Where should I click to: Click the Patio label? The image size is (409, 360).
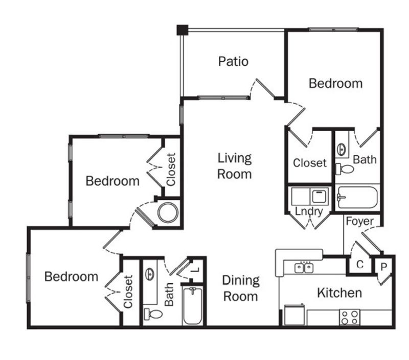click(233, 61)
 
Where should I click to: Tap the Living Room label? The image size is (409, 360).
click(235, 166)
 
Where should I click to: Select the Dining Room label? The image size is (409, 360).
click(241, 288)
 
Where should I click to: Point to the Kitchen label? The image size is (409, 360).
click(339, 293)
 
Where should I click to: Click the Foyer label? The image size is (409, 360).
click(360, 222)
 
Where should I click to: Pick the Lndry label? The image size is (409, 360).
click(309, 211)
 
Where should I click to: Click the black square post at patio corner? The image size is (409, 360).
click(183, 30)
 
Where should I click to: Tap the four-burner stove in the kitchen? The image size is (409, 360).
click(350, 317)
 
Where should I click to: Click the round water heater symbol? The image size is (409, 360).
click(168, 212)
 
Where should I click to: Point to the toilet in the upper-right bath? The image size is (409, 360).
click(346, 169)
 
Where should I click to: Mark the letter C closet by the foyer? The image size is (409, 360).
click(360, 265)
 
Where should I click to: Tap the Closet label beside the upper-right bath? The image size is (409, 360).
click(309, 163)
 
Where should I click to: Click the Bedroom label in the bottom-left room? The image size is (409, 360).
click(71, 277)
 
